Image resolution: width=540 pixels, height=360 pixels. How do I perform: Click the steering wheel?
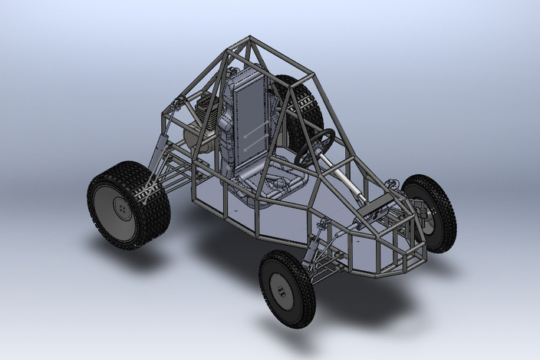pyautogui.click(x=316, y=146)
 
